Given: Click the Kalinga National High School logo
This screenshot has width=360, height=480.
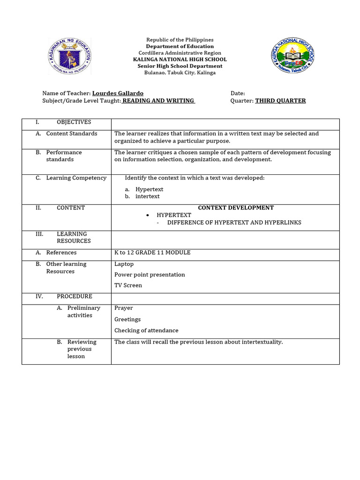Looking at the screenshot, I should click(293, 55).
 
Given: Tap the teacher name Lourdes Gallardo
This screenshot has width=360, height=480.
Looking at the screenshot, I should click(118, 93).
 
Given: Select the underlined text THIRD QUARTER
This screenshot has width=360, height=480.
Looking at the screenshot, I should click(280, 101).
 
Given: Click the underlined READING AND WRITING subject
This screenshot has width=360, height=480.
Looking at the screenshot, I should click(158, 101).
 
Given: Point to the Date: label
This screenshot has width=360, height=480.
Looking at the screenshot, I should click(238, 93).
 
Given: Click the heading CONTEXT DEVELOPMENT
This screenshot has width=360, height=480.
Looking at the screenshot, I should click(236, 208).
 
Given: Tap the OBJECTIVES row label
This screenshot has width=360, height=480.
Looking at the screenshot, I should click(74, 122).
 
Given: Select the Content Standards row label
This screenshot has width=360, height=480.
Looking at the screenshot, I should click(72, 134).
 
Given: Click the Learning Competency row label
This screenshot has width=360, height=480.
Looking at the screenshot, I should click(76, 178).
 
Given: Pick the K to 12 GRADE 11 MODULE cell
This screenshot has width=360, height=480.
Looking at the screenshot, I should click(152, 253).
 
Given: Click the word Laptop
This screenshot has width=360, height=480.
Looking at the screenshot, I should click(124, 264).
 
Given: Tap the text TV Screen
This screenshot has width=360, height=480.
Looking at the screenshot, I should click(128, 285).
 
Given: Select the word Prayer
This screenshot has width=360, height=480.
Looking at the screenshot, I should click(123, 308).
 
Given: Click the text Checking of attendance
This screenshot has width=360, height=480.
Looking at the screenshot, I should click(146, 330).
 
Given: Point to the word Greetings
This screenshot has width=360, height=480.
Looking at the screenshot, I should click(127, 319).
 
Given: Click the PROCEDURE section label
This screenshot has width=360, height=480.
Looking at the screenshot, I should click(75, 296).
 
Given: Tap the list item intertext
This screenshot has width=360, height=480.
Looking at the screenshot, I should click(147, 196).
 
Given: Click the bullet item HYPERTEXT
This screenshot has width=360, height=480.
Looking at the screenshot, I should click(174, 215).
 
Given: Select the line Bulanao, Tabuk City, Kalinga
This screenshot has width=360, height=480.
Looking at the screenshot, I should click(180, 73).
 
